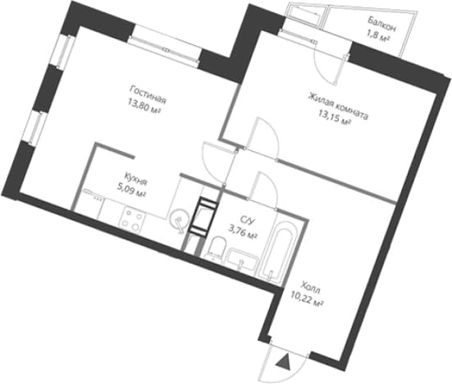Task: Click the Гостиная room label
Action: point(148,94)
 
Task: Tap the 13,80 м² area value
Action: point(144,108)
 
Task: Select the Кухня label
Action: point(136,179)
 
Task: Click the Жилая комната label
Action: point(338,106)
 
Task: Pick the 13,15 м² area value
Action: point(335,118)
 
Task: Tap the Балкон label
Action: point(381,25)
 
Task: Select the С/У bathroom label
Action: point(248,220)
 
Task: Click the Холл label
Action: point(310,288)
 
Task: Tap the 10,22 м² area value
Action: point(307,299)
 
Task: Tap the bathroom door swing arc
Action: point(271,185)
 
